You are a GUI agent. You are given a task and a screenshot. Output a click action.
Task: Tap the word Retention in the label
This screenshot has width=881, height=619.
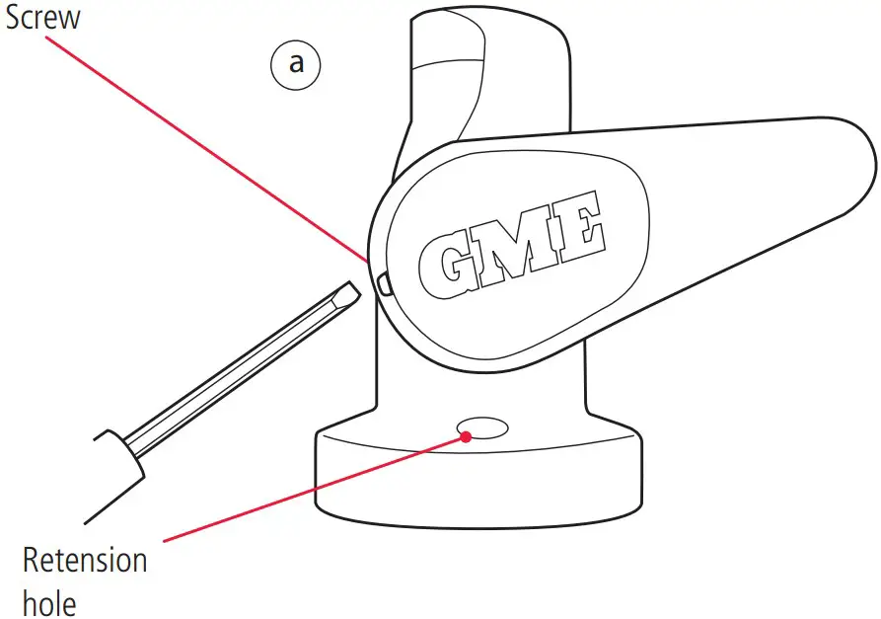point(85,562)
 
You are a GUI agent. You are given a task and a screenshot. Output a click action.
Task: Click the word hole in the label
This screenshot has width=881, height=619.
point(49,601)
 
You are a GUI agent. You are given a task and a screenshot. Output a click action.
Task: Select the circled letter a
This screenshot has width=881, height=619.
point(296,64)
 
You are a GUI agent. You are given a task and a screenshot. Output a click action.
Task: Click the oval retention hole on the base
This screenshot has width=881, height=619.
point(483,426)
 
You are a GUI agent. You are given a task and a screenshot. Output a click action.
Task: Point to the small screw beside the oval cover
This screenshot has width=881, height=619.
point(383,284)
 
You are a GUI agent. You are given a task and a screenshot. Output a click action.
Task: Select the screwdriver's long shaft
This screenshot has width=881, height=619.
point(237,375)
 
